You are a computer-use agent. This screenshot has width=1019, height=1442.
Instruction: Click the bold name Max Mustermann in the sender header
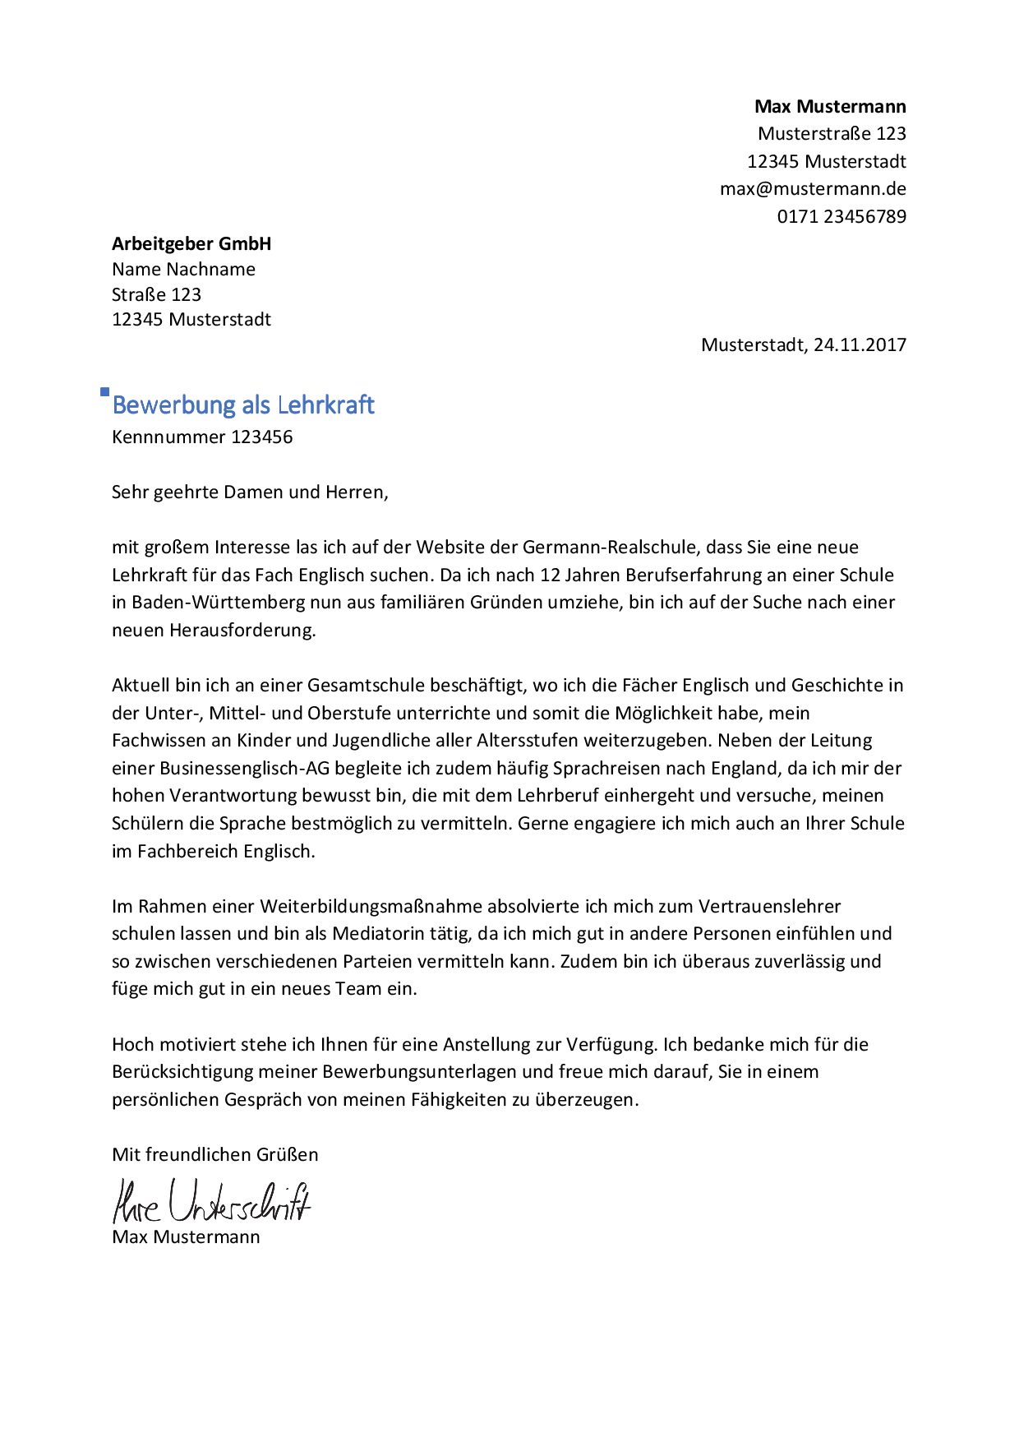(830, 107)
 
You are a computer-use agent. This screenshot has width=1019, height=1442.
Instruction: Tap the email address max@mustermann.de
(813, 189)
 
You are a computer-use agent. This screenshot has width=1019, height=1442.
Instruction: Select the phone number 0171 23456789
(841, 217)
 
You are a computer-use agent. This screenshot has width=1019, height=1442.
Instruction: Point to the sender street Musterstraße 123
(832, 134)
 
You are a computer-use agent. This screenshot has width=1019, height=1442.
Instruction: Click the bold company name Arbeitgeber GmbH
(191, 244)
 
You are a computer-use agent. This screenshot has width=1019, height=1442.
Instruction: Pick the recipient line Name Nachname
(183, 270)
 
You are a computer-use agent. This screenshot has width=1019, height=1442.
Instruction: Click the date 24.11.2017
(860, 345)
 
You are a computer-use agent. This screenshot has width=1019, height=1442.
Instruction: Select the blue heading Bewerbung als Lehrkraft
(243, 405)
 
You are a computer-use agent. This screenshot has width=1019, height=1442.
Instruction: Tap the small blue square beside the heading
(104, 392)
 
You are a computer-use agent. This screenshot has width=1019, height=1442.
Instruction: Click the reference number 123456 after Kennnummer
(261, 437)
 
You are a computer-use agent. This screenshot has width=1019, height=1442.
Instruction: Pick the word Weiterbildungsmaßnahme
(371, 907)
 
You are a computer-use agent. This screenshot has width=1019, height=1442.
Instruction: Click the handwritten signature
(211, 1202)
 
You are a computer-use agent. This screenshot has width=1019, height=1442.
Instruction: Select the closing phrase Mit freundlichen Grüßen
(215, 1155)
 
